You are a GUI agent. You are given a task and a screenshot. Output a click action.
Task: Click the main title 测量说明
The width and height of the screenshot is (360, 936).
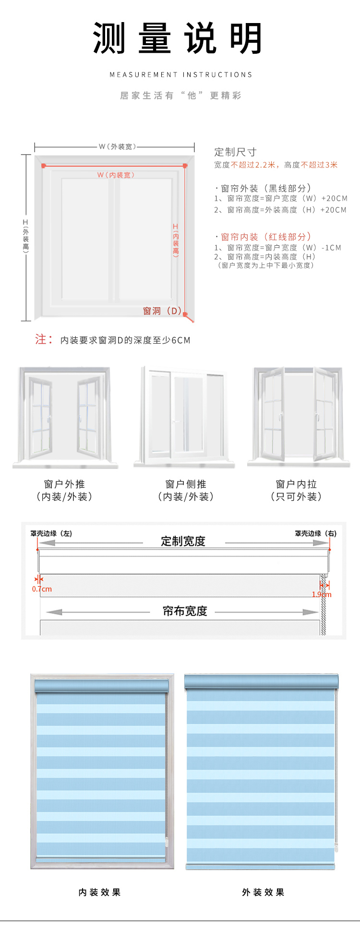coord(178,38)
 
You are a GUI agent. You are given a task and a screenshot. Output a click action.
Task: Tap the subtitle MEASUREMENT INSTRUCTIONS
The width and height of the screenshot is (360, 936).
coord(180,75)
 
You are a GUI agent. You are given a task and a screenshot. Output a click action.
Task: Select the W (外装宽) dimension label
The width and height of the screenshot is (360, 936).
coord(117,146)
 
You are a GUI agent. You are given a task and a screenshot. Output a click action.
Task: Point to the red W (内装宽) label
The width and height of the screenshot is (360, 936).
coord(116,175)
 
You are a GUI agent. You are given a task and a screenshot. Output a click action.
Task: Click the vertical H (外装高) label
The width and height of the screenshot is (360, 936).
coord(25,236)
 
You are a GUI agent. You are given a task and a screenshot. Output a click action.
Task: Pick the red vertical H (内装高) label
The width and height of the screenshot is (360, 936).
coord(176,240)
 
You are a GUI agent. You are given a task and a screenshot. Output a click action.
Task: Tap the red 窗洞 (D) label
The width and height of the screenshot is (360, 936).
coord(162,311)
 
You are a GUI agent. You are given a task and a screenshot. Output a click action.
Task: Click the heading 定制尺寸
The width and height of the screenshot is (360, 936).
coord(235,152)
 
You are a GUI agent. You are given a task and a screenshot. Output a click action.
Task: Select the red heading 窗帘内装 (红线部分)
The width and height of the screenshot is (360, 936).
coord(265,237)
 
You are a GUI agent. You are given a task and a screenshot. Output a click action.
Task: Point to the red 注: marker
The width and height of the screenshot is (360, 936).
coord(43,339)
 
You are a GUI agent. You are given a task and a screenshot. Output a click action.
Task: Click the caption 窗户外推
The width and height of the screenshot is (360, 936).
coord(64,484)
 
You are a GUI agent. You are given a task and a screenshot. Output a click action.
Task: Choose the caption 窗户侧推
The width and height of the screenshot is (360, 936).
coord(186,484)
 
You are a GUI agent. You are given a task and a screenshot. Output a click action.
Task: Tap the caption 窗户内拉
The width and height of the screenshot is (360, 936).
coord(296,484)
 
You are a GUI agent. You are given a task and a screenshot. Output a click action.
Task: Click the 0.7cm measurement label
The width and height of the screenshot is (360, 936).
coord(42,589)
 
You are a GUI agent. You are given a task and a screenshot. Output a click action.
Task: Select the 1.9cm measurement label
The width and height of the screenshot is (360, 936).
coord(322,594)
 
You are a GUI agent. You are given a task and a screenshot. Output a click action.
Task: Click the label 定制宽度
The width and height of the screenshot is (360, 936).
coord(183,541)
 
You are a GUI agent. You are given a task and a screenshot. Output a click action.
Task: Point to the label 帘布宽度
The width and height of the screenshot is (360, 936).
coord(185,611)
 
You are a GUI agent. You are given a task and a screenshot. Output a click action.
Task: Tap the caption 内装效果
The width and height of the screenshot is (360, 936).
coord(99,892)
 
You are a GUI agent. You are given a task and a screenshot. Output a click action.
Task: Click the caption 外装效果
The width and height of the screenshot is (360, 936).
coord(263,892)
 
